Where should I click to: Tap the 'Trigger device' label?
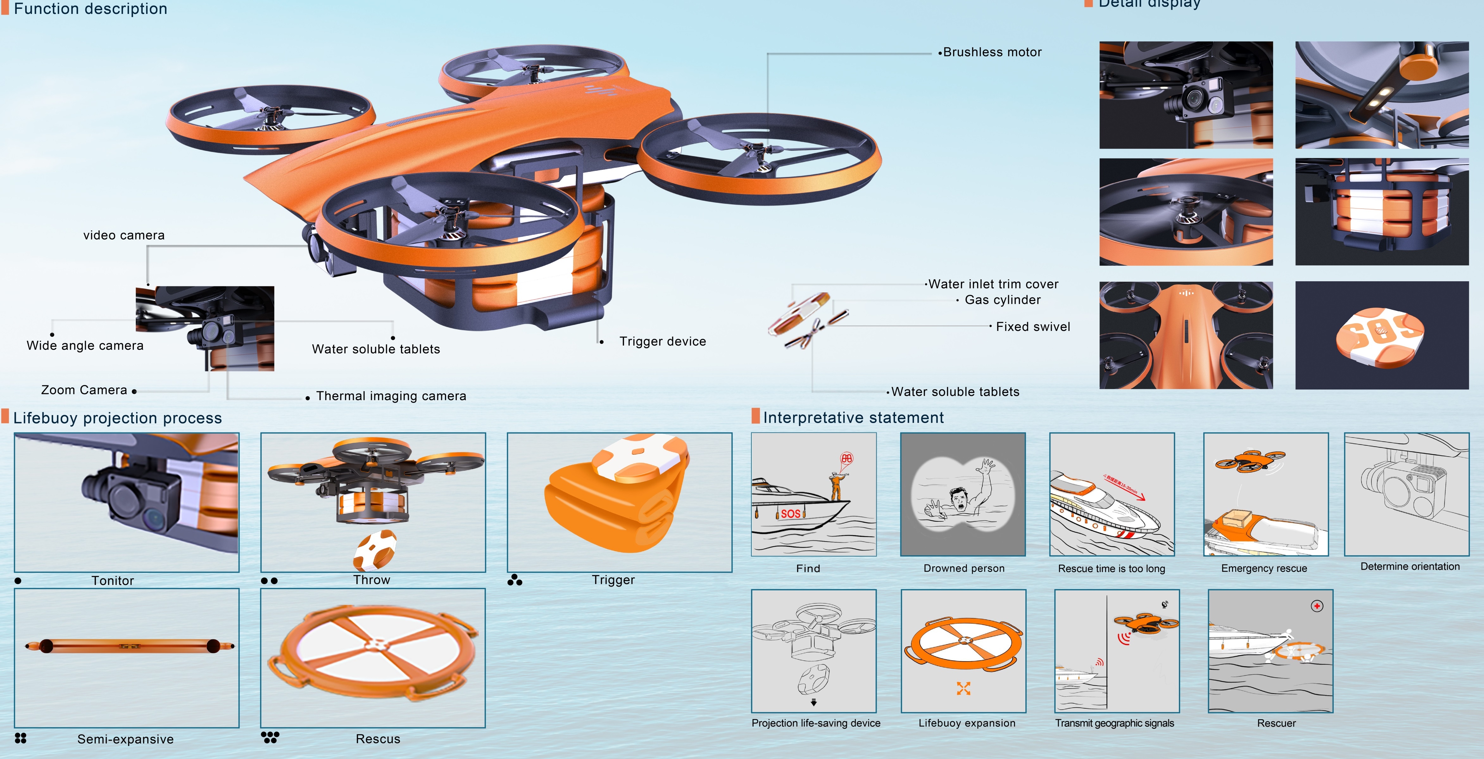[x=662, y=341]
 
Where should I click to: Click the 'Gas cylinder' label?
[x=1002, y=300]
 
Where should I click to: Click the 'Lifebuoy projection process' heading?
[x=117, y=418]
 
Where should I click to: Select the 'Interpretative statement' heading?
[x=853, y=418]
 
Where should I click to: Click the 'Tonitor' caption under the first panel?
[x=113, y=581]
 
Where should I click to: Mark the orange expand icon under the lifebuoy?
[x=963, y=688]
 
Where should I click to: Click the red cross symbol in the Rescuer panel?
[x=1317, y=606]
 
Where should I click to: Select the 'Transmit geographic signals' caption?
[x=1114, y=723]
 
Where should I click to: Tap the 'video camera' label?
[x=124, y=235]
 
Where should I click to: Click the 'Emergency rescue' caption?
[x=1264, y=569]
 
